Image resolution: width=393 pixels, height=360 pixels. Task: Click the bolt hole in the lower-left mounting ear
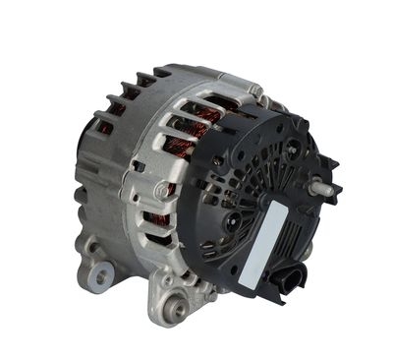pyautogui.click(x=98, y=276)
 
